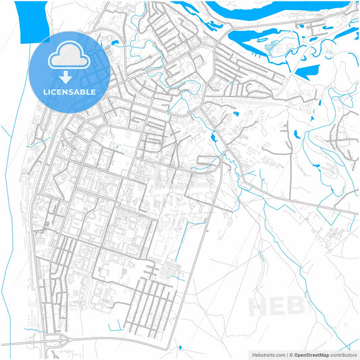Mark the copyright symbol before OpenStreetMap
click(x=291, y=354)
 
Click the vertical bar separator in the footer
click(x=286, y=354)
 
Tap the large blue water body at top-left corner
click(x=30, y=20)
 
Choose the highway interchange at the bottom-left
click(x=54, y=340)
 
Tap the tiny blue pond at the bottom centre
click(x=180, y=348)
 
